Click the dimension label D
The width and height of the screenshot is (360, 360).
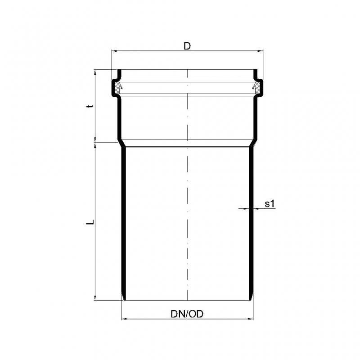coord(187,46)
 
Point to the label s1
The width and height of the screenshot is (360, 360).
coord(270,203)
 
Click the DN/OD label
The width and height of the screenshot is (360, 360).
coord(187,314)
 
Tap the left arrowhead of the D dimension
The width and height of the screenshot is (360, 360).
coord(114,51)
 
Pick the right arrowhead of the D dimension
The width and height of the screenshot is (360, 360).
coord(261,51)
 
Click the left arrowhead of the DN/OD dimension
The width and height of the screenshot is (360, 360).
coord(124,319)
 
